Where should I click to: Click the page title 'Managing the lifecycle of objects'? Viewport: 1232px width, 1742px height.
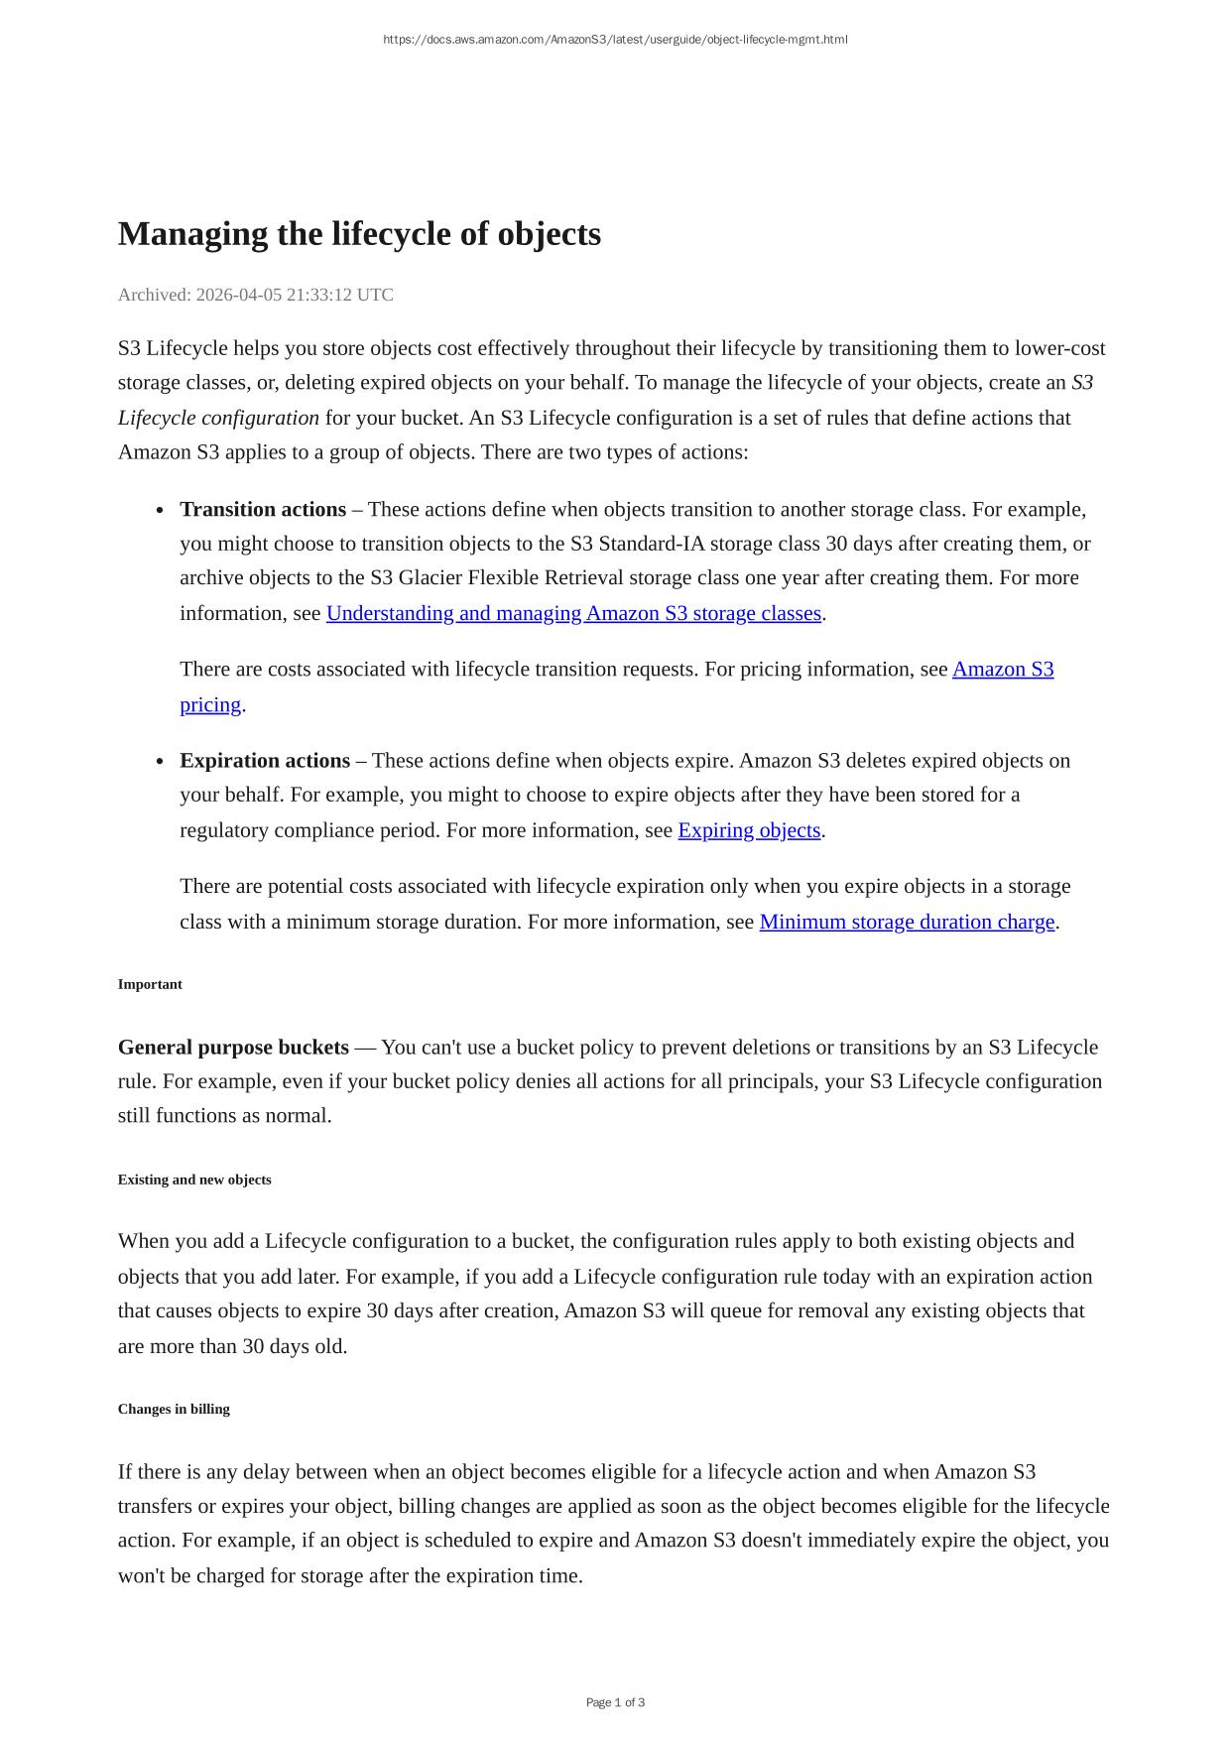pyautogui.click(x=359, y=234)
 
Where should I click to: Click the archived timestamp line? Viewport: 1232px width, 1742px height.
pyautogui.click(x=255, y=295)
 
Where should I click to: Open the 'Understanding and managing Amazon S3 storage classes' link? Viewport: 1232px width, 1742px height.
pyautogui.click(x=573, y=613)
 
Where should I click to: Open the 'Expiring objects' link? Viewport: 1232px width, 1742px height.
pyautogui.click(x=749, y=830)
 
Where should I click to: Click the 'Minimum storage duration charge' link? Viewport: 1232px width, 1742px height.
pyautogui.click(x=907, y=922)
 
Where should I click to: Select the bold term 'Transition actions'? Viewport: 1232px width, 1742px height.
pyautogui.click(x=263, y=510)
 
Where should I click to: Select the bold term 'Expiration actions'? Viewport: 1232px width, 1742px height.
pyautogui.click(x=265, y=761)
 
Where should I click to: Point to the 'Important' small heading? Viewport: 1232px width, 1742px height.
pyautogui.click(x=150, y=984)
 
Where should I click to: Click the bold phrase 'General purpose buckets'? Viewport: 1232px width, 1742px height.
pyautogui.click(x=233, y=1048)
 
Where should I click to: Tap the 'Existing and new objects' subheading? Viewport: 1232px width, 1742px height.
pyautogui.click(x=194, y=1180)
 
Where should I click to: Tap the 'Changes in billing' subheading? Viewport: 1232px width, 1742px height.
pyautogui.click(x=174, y=1409)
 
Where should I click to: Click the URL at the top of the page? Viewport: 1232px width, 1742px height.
pyautogui.click(x=615, y=40)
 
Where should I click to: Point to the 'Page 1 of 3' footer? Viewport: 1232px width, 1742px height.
pyautogui.click(x=615, y=1702)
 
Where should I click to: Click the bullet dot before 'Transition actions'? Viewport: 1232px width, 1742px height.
pyautogui.click(x=160, y=511)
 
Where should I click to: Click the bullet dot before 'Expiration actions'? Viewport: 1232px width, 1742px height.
pyautogui.click(x=160, y=762)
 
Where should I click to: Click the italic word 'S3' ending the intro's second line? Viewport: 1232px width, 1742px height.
pyautogui.click(x=1082, y=383)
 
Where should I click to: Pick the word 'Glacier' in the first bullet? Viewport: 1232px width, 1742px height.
pyautogui.click(x=431, y=578)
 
